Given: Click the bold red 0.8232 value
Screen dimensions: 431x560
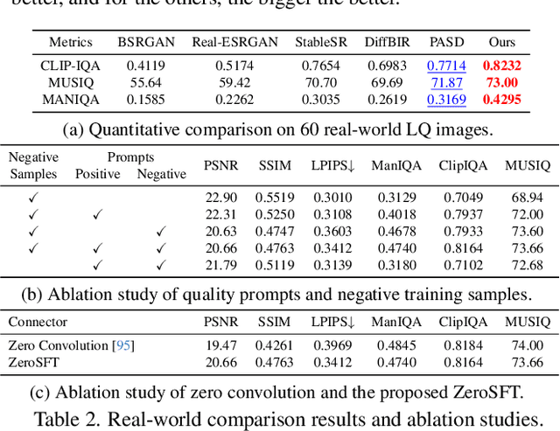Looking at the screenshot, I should click(503, 66).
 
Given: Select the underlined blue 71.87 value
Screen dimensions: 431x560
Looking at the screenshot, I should click(446, 82).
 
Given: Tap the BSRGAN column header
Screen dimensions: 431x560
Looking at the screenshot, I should click(141, 41).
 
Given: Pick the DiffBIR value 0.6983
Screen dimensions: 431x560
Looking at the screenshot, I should click(387, 66).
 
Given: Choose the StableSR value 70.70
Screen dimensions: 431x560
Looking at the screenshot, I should click(318, 82).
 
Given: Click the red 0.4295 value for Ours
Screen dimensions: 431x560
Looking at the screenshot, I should click(503, 99).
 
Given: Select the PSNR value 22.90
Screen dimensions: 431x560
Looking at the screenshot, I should click(220, 198).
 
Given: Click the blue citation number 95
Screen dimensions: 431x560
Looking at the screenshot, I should click(123, 346).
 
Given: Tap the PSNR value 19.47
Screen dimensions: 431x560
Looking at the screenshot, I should click(220, 346).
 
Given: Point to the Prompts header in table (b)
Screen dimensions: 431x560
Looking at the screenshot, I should click(130, 157).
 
